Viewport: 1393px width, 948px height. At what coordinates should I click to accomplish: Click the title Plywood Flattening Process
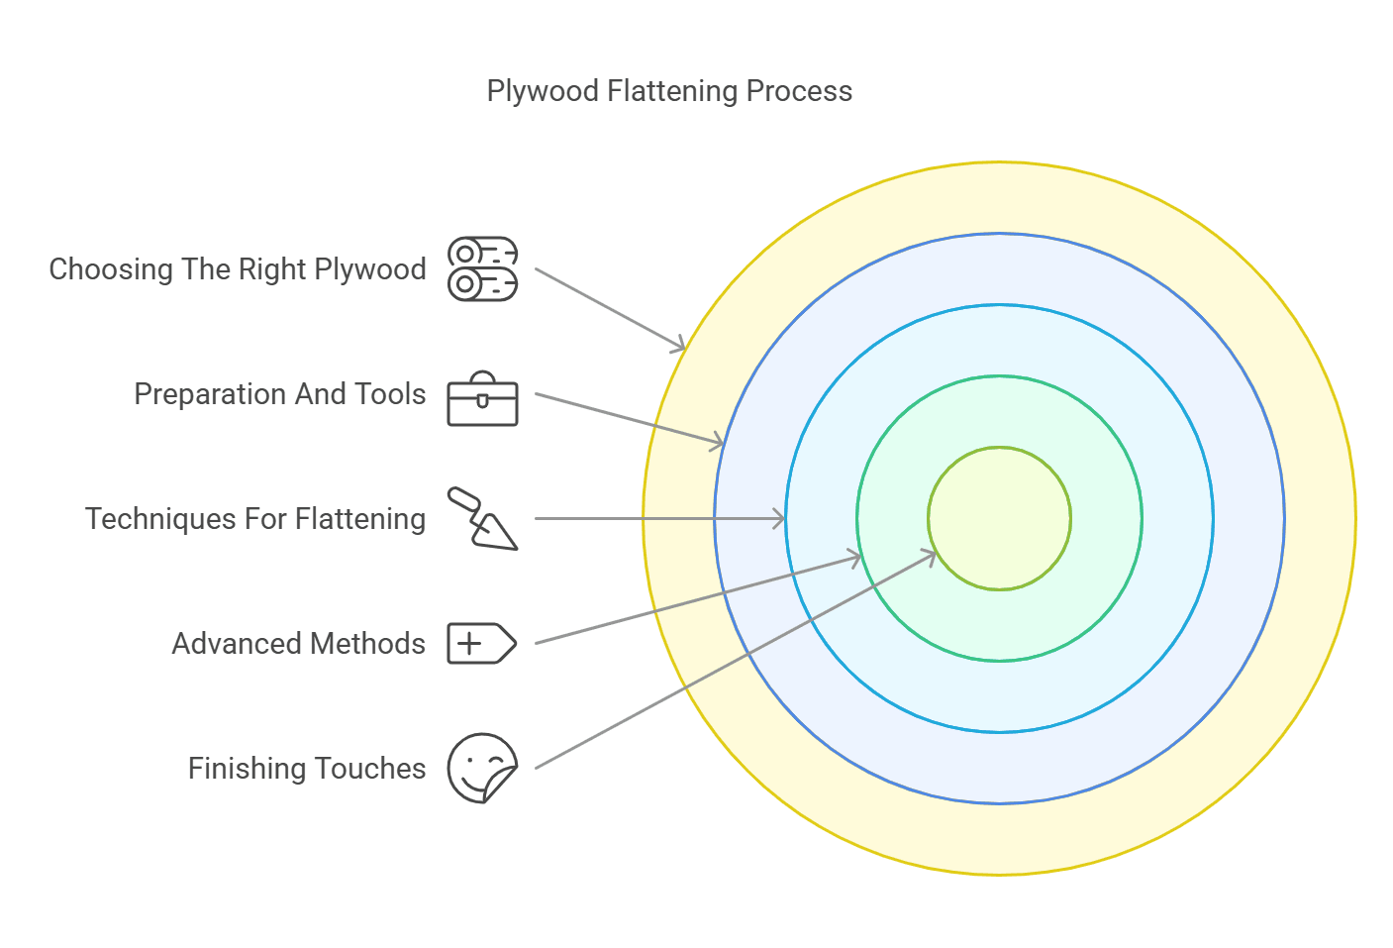click(x=669, y=91)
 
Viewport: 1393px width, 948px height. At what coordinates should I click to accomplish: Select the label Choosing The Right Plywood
click(x=238, y=269)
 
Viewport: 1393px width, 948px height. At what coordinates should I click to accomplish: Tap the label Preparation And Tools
click(x=280, y=394)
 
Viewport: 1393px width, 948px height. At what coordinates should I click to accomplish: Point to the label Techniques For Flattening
click(x=255, y=519)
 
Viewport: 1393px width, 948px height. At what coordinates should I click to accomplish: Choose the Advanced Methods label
click(x=299, y=644)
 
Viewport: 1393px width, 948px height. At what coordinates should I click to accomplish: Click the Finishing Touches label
click(x=307, y=769)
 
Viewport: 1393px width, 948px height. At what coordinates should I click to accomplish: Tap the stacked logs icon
click(x=482, y=269)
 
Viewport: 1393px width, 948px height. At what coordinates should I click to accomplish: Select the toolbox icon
click(x=482, y=400)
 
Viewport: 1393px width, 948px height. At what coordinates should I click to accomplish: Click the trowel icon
click(x=482, y=518)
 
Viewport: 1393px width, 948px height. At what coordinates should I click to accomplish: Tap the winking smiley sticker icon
click(x=482, y=768)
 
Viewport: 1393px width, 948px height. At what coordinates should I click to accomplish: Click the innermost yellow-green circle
click(x=1000, y=518)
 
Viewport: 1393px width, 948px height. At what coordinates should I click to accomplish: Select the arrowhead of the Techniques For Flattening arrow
click(x=780, y=518)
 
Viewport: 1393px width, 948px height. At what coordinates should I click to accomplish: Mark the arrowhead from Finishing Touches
click(x=931, y=555)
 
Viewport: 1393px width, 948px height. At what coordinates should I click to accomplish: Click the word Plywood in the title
click(x=543, y=91)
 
